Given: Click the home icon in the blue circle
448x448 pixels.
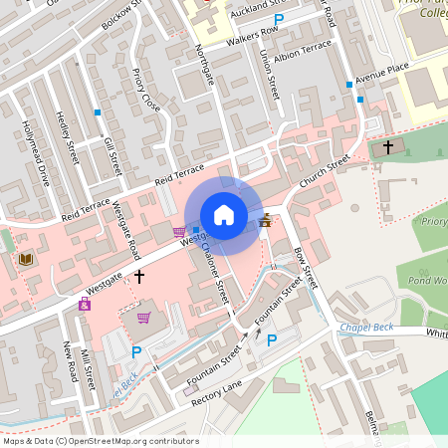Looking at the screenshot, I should (224, 215).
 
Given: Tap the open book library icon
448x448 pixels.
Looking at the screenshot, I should (26, 260).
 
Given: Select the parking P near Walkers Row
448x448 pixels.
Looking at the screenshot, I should (279, 19).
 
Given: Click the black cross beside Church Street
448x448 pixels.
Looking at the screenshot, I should (388, 145).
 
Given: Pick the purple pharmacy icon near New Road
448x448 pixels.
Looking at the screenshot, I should (85, 304).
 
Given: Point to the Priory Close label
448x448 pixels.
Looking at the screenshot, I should (143, 90).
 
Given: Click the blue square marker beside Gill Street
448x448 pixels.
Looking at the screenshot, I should (98, 112).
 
